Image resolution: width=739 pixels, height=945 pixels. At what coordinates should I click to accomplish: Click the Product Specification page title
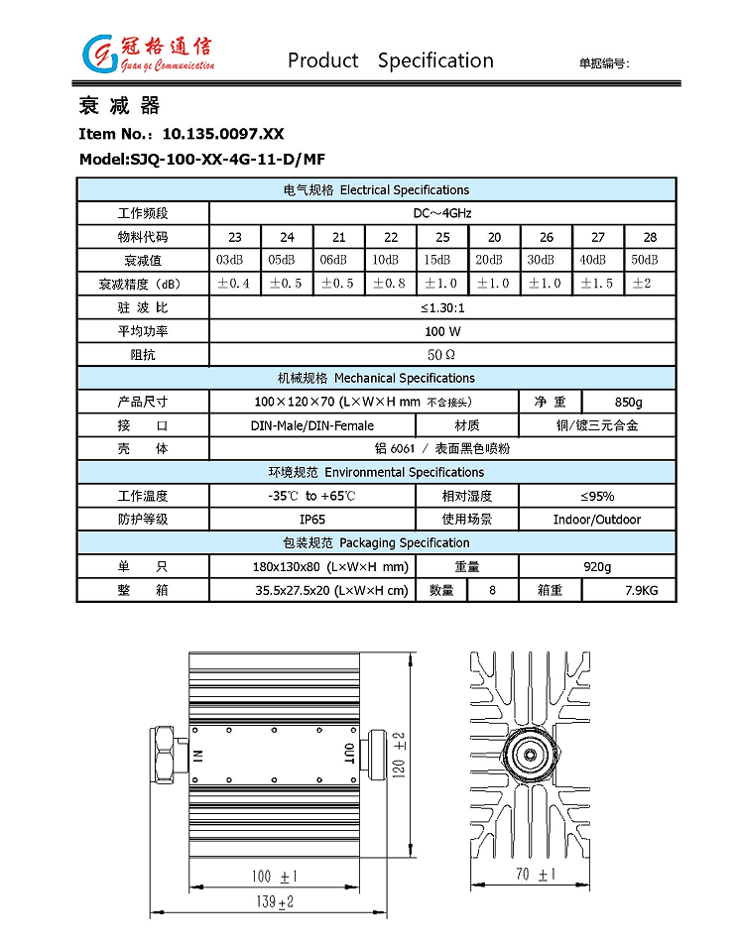pyautogui.click(x=390, y=60)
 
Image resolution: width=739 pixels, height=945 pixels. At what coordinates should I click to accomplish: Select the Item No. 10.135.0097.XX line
pyautogui.click(x=181, y=133)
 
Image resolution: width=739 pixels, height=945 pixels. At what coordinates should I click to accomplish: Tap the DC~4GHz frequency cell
pyautogui.click(x=441, y=213)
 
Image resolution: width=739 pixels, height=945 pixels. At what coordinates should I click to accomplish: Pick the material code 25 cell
pyautogui.click(x=442, y=237)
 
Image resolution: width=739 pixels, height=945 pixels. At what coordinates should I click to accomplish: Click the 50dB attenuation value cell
pyautogui.click(x=650, y=260)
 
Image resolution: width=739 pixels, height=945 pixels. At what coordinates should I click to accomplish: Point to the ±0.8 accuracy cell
pyautogui.click(x=391, y=284)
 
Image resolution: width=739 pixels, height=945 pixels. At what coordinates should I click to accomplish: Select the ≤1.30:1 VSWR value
pyautogui.click(x=441, y=307)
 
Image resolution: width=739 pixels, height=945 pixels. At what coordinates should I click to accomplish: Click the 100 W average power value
pyautogui.click(x=441, y=331)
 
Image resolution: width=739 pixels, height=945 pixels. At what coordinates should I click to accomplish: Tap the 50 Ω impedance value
pyautogui.click(x=441, y=354)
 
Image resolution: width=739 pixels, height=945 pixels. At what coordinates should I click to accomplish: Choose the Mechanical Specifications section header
pyautogui.click(x=376, y=378)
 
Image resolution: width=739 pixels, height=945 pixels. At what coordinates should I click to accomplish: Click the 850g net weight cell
pyautogui.click(x=628, y=402)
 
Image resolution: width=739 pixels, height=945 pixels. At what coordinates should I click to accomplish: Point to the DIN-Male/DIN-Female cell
pyautogui.click(x=311, y=425)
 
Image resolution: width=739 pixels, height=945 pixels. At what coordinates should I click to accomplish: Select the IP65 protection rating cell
pyautogui.click(x=311, y=520)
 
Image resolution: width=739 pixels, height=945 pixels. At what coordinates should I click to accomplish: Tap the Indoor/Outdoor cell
pyautogui.click(x=597, y=520)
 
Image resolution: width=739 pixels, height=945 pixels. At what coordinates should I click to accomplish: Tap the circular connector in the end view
pyautogui.click(x=530, y=755)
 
